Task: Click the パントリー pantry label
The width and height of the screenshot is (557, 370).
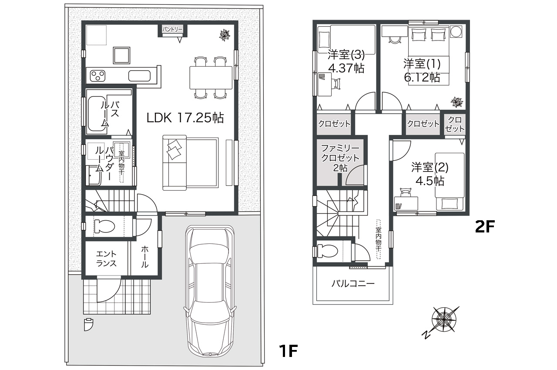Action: tap(172, 30)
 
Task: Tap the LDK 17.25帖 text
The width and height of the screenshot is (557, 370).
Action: tap(185, 118)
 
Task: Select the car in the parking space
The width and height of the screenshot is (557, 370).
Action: tap(210, 291)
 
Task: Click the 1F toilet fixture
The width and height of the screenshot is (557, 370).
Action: tap(104, 226)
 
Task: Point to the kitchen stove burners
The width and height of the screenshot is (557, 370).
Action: tap(97, 76)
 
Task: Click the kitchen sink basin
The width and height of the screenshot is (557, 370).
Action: tap(140, 76)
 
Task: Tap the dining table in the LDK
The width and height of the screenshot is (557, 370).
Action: tap(211, 77)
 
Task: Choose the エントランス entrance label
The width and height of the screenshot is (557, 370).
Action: tap(106, 259)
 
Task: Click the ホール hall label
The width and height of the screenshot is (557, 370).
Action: tap(145, 257)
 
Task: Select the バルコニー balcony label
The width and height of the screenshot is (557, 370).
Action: tap(353, 283)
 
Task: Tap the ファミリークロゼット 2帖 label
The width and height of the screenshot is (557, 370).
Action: tap(340, 158)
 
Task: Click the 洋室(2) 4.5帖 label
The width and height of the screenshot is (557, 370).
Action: tap(429, 174)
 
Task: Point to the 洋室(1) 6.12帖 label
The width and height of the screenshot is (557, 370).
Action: tap(422, 71)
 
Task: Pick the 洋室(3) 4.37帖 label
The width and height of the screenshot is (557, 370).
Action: tap(346, 61)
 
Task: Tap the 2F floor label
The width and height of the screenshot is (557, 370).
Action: tap(485, 226)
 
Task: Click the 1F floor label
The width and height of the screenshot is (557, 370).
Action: tap(289, 350)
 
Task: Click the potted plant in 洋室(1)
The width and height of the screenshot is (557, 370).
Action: tap(457, 102)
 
